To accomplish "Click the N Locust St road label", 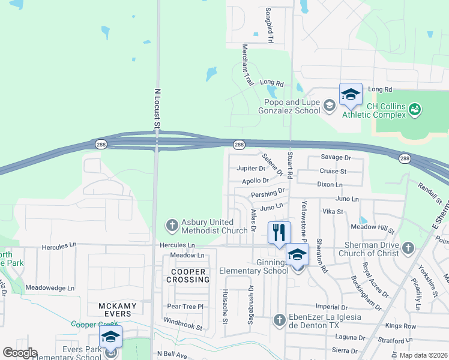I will [x=158, y=108].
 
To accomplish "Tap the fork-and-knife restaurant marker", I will [x=279, y=233].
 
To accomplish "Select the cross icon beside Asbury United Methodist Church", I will [x=172, y=226].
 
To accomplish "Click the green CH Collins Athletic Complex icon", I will [x=414, y=110].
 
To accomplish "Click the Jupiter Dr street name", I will [x=250, y=169].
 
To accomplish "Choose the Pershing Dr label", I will [x=268, y=193].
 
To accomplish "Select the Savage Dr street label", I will [x=335, y=157].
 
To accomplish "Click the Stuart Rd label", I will [x=289, y=165].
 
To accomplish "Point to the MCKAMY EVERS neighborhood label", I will [x=118, y=310].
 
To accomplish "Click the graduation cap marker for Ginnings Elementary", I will [x=297, y=255].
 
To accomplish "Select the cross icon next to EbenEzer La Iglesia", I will [x=279, y=320].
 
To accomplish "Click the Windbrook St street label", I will [x=182, y=325].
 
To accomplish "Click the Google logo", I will [x=20, y=352].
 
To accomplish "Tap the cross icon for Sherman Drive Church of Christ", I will [x=408, y=248].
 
